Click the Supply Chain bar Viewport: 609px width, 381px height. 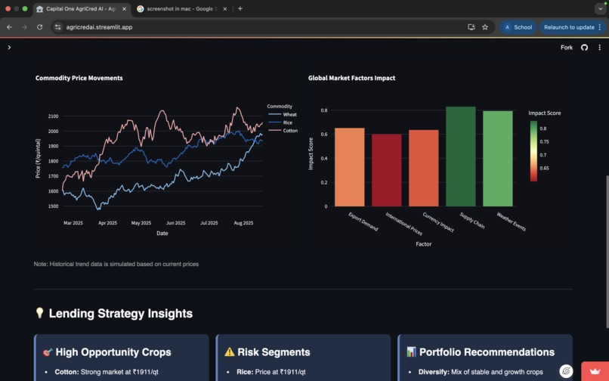(x=460, y=156)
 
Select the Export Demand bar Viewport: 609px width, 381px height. (x=349, y=167)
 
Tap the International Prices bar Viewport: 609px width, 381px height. (x=386, y=170)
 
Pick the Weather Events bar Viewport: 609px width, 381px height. (x=497, y=159)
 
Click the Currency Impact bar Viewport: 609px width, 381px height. (x=423, y=168)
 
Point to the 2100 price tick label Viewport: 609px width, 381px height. (x=53, y=116)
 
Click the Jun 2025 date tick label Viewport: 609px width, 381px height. (x=175, y=223)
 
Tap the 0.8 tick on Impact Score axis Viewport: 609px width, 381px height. (x=323, y=110)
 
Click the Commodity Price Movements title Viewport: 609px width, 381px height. (x=79, y=78)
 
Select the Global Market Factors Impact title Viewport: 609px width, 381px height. (x=351, y=78)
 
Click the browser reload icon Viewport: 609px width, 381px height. (x=39, y=27)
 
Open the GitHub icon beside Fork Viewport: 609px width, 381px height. (x=584, y=48)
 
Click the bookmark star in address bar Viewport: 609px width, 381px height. (x=485, y=27)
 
